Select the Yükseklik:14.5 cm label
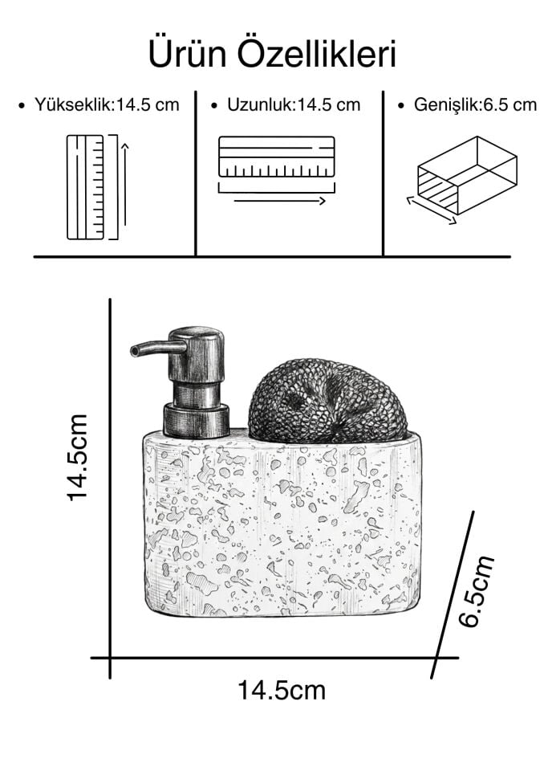[x=107, y=104]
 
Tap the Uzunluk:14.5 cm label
[x=294, y=104]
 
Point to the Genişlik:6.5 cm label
[x=475, y=104]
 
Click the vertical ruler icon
[x=86, y=187]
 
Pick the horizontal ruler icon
[x=277, y=157]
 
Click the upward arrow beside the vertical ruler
[x=125, y=184]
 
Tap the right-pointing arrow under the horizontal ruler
[x=279, y=201]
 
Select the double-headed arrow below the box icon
[x=432, y=210]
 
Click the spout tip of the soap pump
[x=134, y=350]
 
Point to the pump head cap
[x=196, y=354]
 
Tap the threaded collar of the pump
[x=197, y=420]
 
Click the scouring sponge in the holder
[x=328, y=400]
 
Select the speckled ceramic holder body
[x=282, y=524]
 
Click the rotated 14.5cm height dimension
[x=78, y=458]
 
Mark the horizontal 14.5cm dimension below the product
[x=282, y=690]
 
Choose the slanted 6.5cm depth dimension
[x=476, y=592]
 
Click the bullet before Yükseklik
[x=21, y=106]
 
